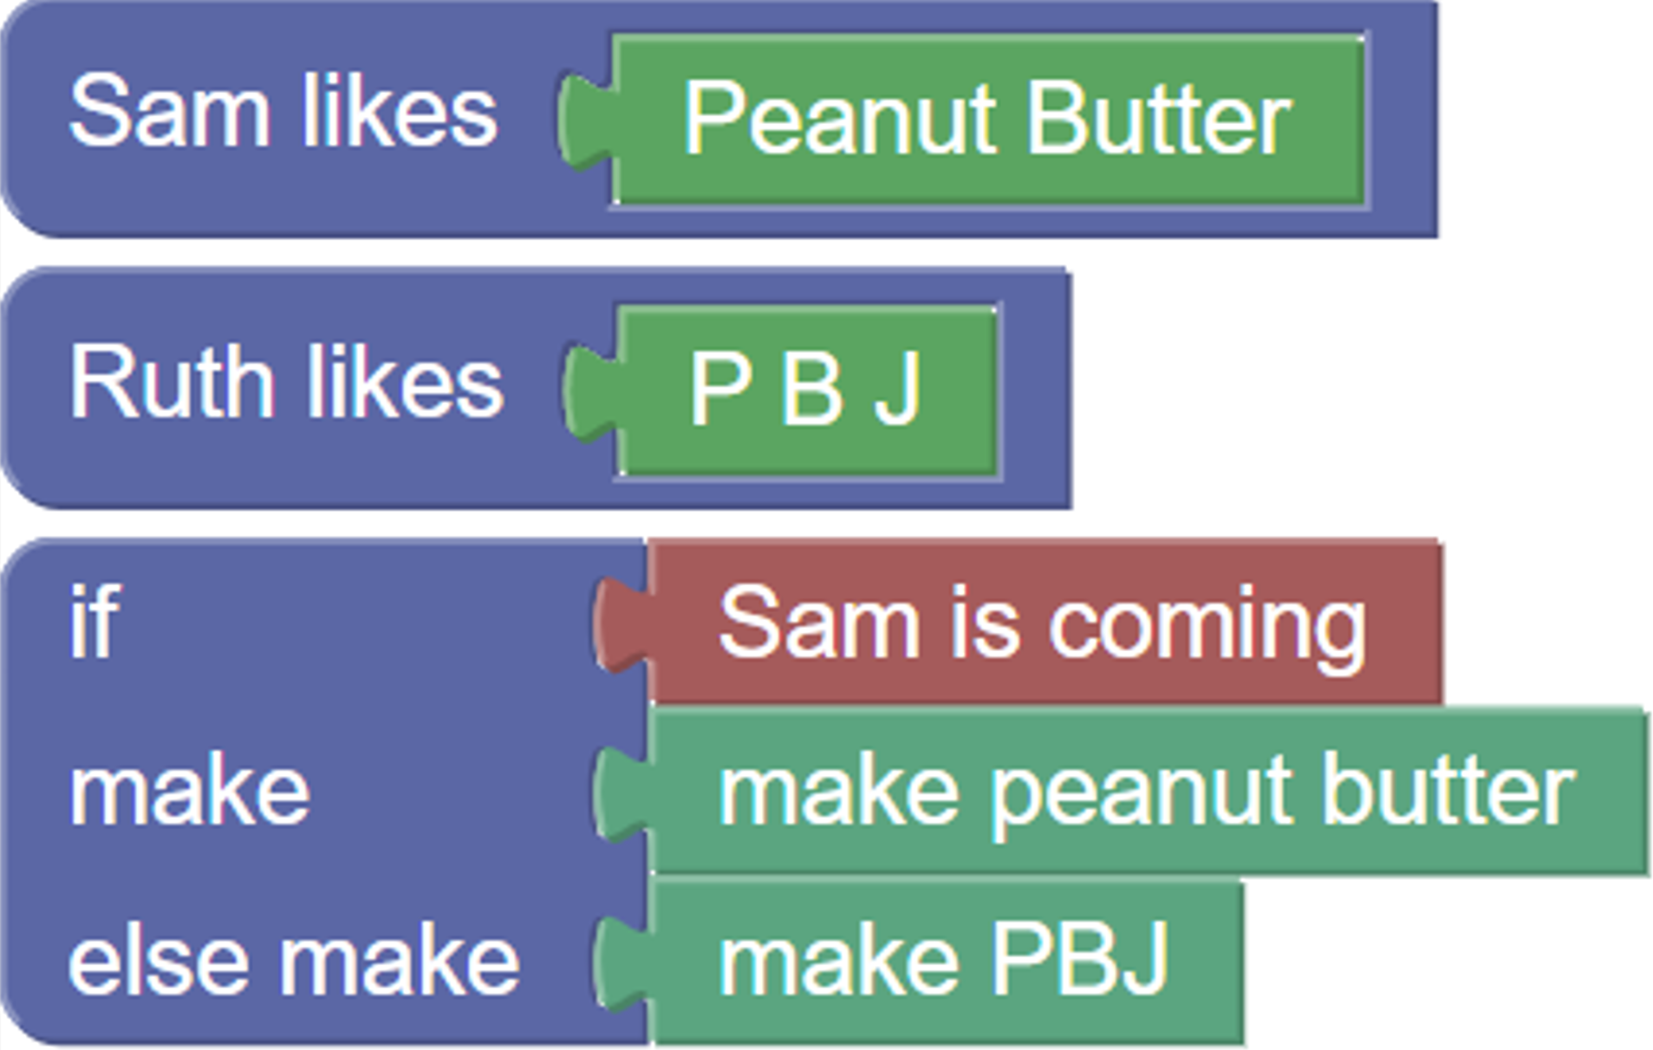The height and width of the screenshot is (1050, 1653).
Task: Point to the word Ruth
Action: [172, 382]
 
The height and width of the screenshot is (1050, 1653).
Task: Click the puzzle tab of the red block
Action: [621, 624]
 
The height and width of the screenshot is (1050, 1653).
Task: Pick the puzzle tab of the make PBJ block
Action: [621, 964]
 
